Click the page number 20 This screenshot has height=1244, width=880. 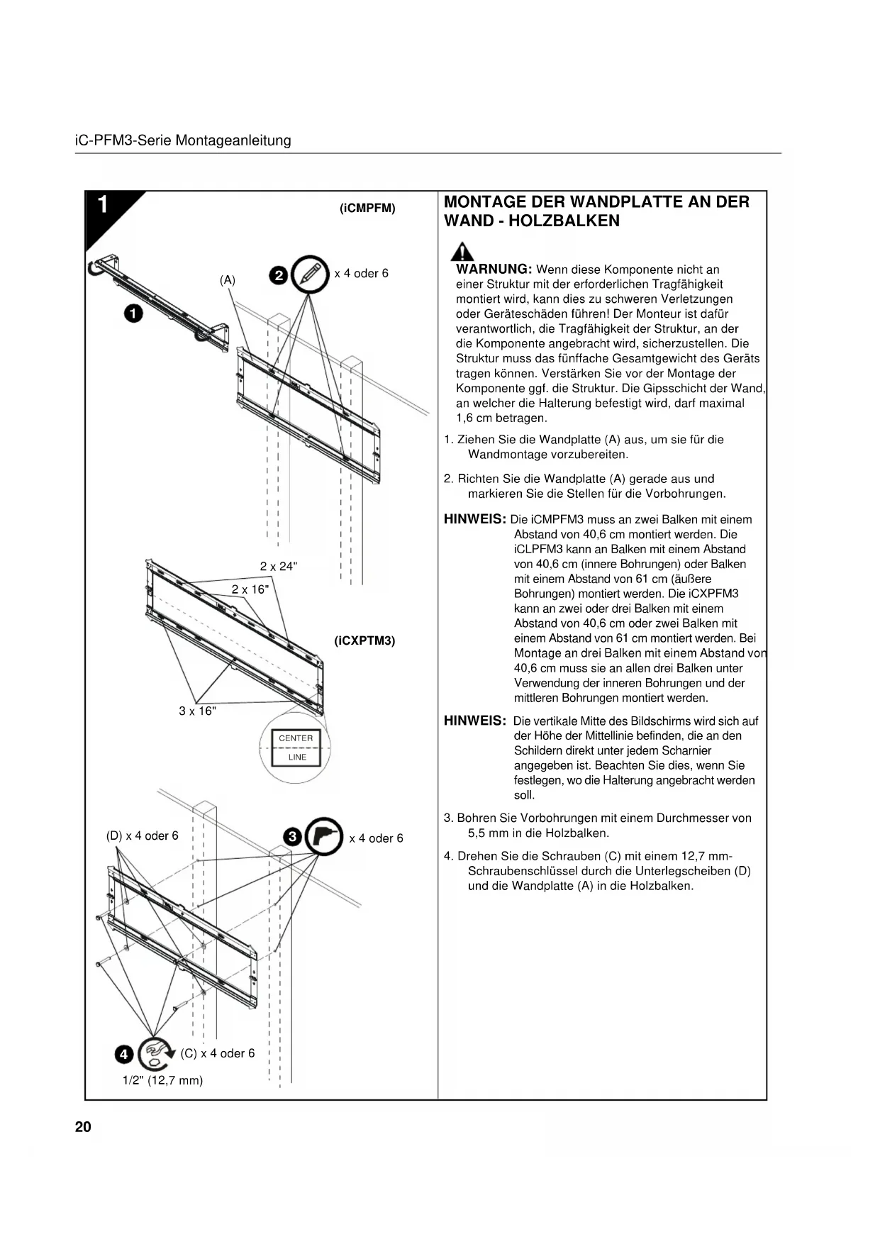point(83,1127)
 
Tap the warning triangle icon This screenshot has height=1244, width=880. point(463,252)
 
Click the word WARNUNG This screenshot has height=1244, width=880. point(494,270)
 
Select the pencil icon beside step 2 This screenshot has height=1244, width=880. point(310,273)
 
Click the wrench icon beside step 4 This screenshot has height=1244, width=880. point(155,1053)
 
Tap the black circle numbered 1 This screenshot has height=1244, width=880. point(133,313)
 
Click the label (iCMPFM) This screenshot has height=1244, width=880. point(367,209)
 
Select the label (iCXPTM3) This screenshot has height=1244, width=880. point(364,640)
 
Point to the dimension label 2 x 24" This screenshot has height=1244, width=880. point(279,566)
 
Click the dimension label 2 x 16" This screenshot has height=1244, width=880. point(250,589)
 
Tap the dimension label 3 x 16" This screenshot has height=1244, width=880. point(197,711)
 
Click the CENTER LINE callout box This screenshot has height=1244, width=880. point(296,748)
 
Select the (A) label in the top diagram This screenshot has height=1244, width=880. point(227,280)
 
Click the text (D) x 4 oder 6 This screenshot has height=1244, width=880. point(142,835)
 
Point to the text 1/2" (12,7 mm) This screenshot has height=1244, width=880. point(163,1080)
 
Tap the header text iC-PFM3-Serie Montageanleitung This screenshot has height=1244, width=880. point(183,140)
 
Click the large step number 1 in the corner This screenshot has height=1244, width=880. point(104,205)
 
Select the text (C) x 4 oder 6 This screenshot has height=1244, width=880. point(218,1053)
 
